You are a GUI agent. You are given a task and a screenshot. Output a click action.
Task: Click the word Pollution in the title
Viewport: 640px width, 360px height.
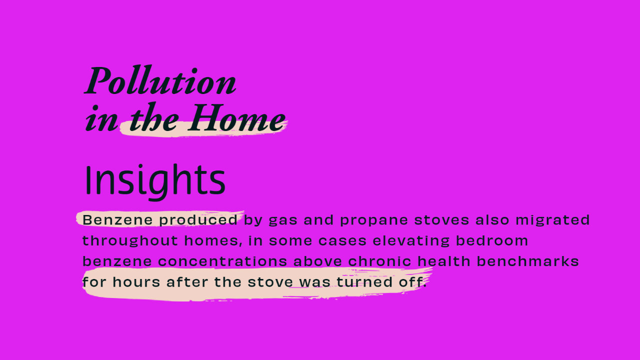[160, 80]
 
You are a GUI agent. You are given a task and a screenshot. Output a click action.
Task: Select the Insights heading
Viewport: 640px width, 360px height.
[155, 181]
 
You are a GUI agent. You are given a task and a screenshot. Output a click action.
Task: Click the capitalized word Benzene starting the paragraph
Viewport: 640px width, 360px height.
[117, 220]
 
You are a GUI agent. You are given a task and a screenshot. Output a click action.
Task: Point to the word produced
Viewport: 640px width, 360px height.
[198, 220]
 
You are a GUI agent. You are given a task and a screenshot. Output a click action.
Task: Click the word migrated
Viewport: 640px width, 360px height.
[552, 220]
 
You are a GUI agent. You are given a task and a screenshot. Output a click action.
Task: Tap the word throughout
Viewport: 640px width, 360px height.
[130, 240]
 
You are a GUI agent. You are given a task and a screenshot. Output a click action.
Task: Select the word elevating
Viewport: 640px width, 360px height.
[411, 240]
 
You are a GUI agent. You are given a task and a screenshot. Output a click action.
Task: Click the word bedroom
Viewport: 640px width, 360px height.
[491, 240]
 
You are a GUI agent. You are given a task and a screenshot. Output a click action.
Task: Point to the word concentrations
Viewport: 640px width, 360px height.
[222, 261]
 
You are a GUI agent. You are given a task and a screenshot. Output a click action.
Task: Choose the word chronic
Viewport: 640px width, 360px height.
[379, 261]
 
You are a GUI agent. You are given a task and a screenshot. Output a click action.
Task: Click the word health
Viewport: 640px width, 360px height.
[444, 261]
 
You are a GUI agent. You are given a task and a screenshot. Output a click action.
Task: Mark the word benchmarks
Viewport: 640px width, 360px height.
[527, 261]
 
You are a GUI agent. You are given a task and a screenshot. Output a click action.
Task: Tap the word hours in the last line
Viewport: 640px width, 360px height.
[136, 282]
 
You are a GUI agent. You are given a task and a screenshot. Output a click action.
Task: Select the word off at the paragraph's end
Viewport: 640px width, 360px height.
[411, 282]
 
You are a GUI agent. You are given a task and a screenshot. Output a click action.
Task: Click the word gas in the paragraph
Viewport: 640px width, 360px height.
[283, 221]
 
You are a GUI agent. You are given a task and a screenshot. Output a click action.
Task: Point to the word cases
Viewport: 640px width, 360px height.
[342, 241]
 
